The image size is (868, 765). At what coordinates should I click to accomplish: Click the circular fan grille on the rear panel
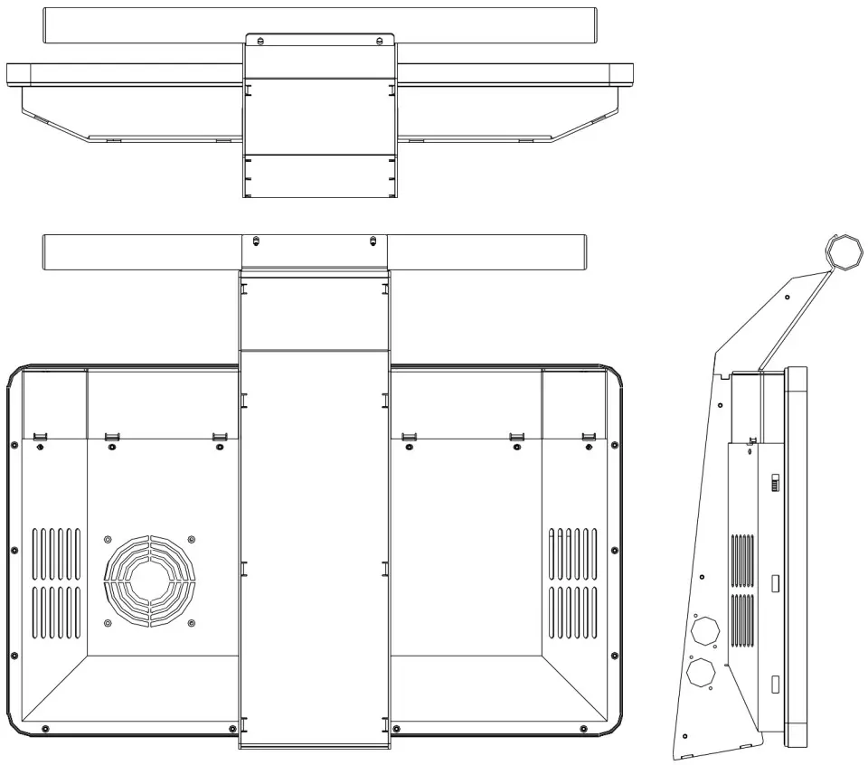149,580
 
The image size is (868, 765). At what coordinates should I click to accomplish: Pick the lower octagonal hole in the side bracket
700,672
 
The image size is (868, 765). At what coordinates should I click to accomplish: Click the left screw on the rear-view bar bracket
256,241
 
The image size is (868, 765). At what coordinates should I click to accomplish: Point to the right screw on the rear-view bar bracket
373,241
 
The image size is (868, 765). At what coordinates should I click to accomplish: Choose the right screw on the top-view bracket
380,40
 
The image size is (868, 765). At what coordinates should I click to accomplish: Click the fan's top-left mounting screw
108,540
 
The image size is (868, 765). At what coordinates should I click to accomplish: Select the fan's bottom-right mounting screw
190,622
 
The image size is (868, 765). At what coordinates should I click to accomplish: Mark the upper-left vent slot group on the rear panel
57,553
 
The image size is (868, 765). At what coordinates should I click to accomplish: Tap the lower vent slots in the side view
741,620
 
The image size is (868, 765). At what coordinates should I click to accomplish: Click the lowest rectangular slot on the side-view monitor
775,685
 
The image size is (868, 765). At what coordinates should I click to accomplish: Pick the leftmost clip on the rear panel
40,438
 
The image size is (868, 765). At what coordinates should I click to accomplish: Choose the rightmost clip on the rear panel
589,438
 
